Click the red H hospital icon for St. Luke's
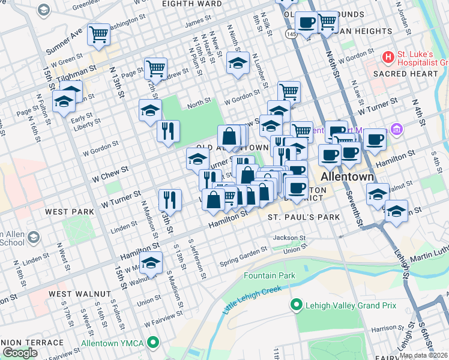point(388,57)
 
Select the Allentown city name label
point(348,178)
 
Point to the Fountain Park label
point(270,275)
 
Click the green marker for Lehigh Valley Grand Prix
point(295,305)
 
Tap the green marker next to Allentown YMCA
point(154,343)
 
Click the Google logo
point(19,353)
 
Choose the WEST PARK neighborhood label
point(69,212)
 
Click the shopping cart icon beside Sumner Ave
point(98,34)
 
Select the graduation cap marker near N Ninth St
point(238,63)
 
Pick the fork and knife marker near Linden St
point(170,200)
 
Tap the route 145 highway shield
point(291,35)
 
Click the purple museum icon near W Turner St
point(396,129)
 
